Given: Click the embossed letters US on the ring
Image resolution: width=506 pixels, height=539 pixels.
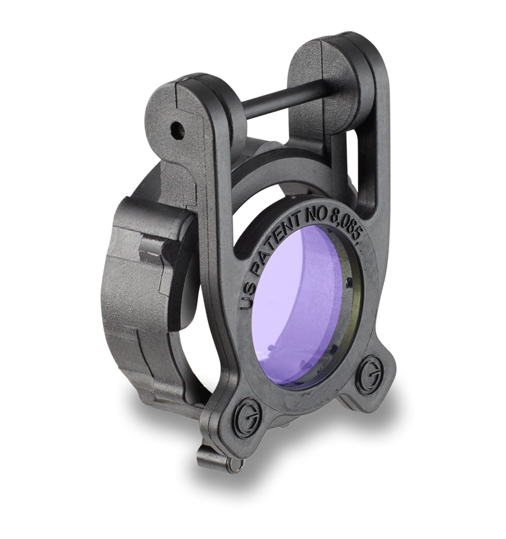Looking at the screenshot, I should pyautogui.click(x=249, y=295).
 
